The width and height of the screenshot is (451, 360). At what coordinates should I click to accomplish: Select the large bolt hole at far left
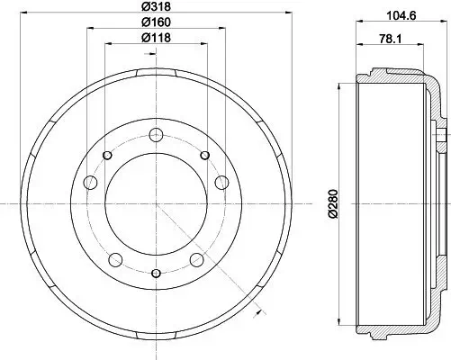(91, 184)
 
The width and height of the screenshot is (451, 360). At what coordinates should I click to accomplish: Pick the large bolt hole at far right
(222, 184)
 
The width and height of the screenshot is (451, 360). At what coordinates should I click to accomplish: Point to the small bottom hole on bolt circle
(157, 273)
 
